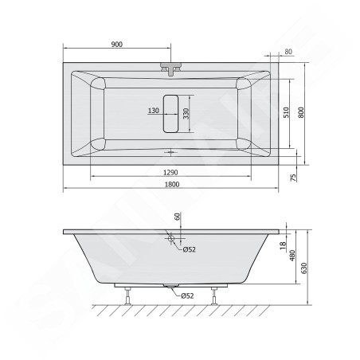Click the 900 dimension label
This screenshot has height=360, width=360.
point(117,45)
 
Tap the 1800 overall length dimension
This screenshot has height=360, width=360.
point(172,184)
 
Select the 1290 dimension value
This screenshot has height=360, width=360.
point(170,173)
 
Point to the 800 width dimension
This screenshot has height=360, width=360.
point(300,112)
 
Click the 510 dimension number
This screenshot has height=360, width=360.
point(286,112)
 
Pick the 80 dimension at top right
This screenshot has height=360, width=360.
point(288,52)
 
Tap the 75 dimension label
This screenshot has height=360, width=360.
point(293,178)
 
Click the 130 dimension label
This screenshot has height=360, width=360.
point(153,111)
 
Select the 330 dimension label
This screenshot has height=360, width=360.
point(186,114)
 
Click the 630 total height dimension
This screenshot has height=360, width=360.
point(304,268)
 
